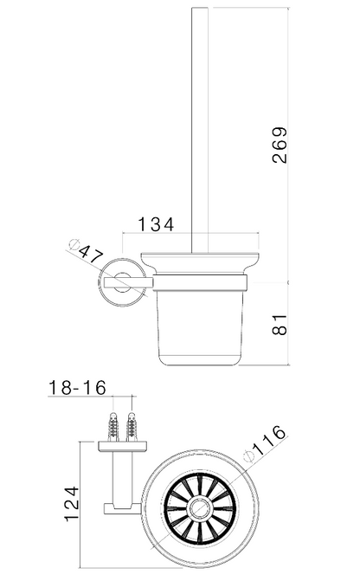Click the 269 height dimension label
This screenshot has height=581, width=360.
pos(280,145)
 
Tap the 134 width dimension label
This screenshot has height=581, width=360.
pos(156,224)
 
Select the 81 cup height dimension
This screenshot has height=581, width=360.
pos(280,325)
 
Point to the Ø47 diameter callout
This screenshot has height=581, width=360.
pos(87,252)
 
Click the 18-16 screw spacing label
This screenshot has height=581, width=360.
pos(77,388)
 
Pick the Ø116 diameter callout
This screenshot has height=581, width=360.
pos(265,443)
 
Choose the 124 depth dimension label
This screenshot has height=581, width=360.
pos(72,504)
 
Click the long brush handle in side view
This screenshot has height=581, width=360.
pos(200,131)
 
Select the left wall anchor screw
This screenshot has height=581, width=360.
pos(113,425)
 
